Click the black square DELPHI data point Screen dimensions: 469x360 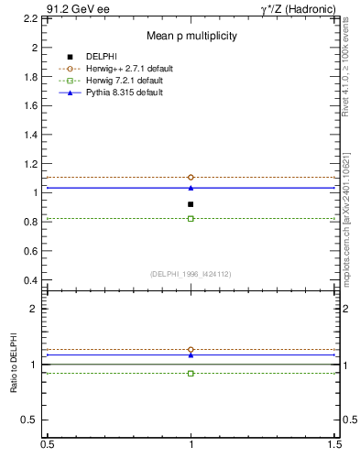[191, 204]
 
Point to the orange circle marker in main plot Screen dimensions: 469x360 [191, 177]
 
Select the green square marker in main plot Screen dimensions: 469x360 [191, 219]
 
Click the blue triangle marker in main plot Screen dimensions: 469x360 [191, 188]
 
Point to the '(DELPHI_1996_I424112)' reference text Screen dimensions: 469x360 [191, 274]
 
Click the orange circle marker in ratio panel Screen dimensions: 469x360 [191, 350]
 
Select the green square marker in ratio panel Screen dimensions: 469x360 [191, 373]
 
